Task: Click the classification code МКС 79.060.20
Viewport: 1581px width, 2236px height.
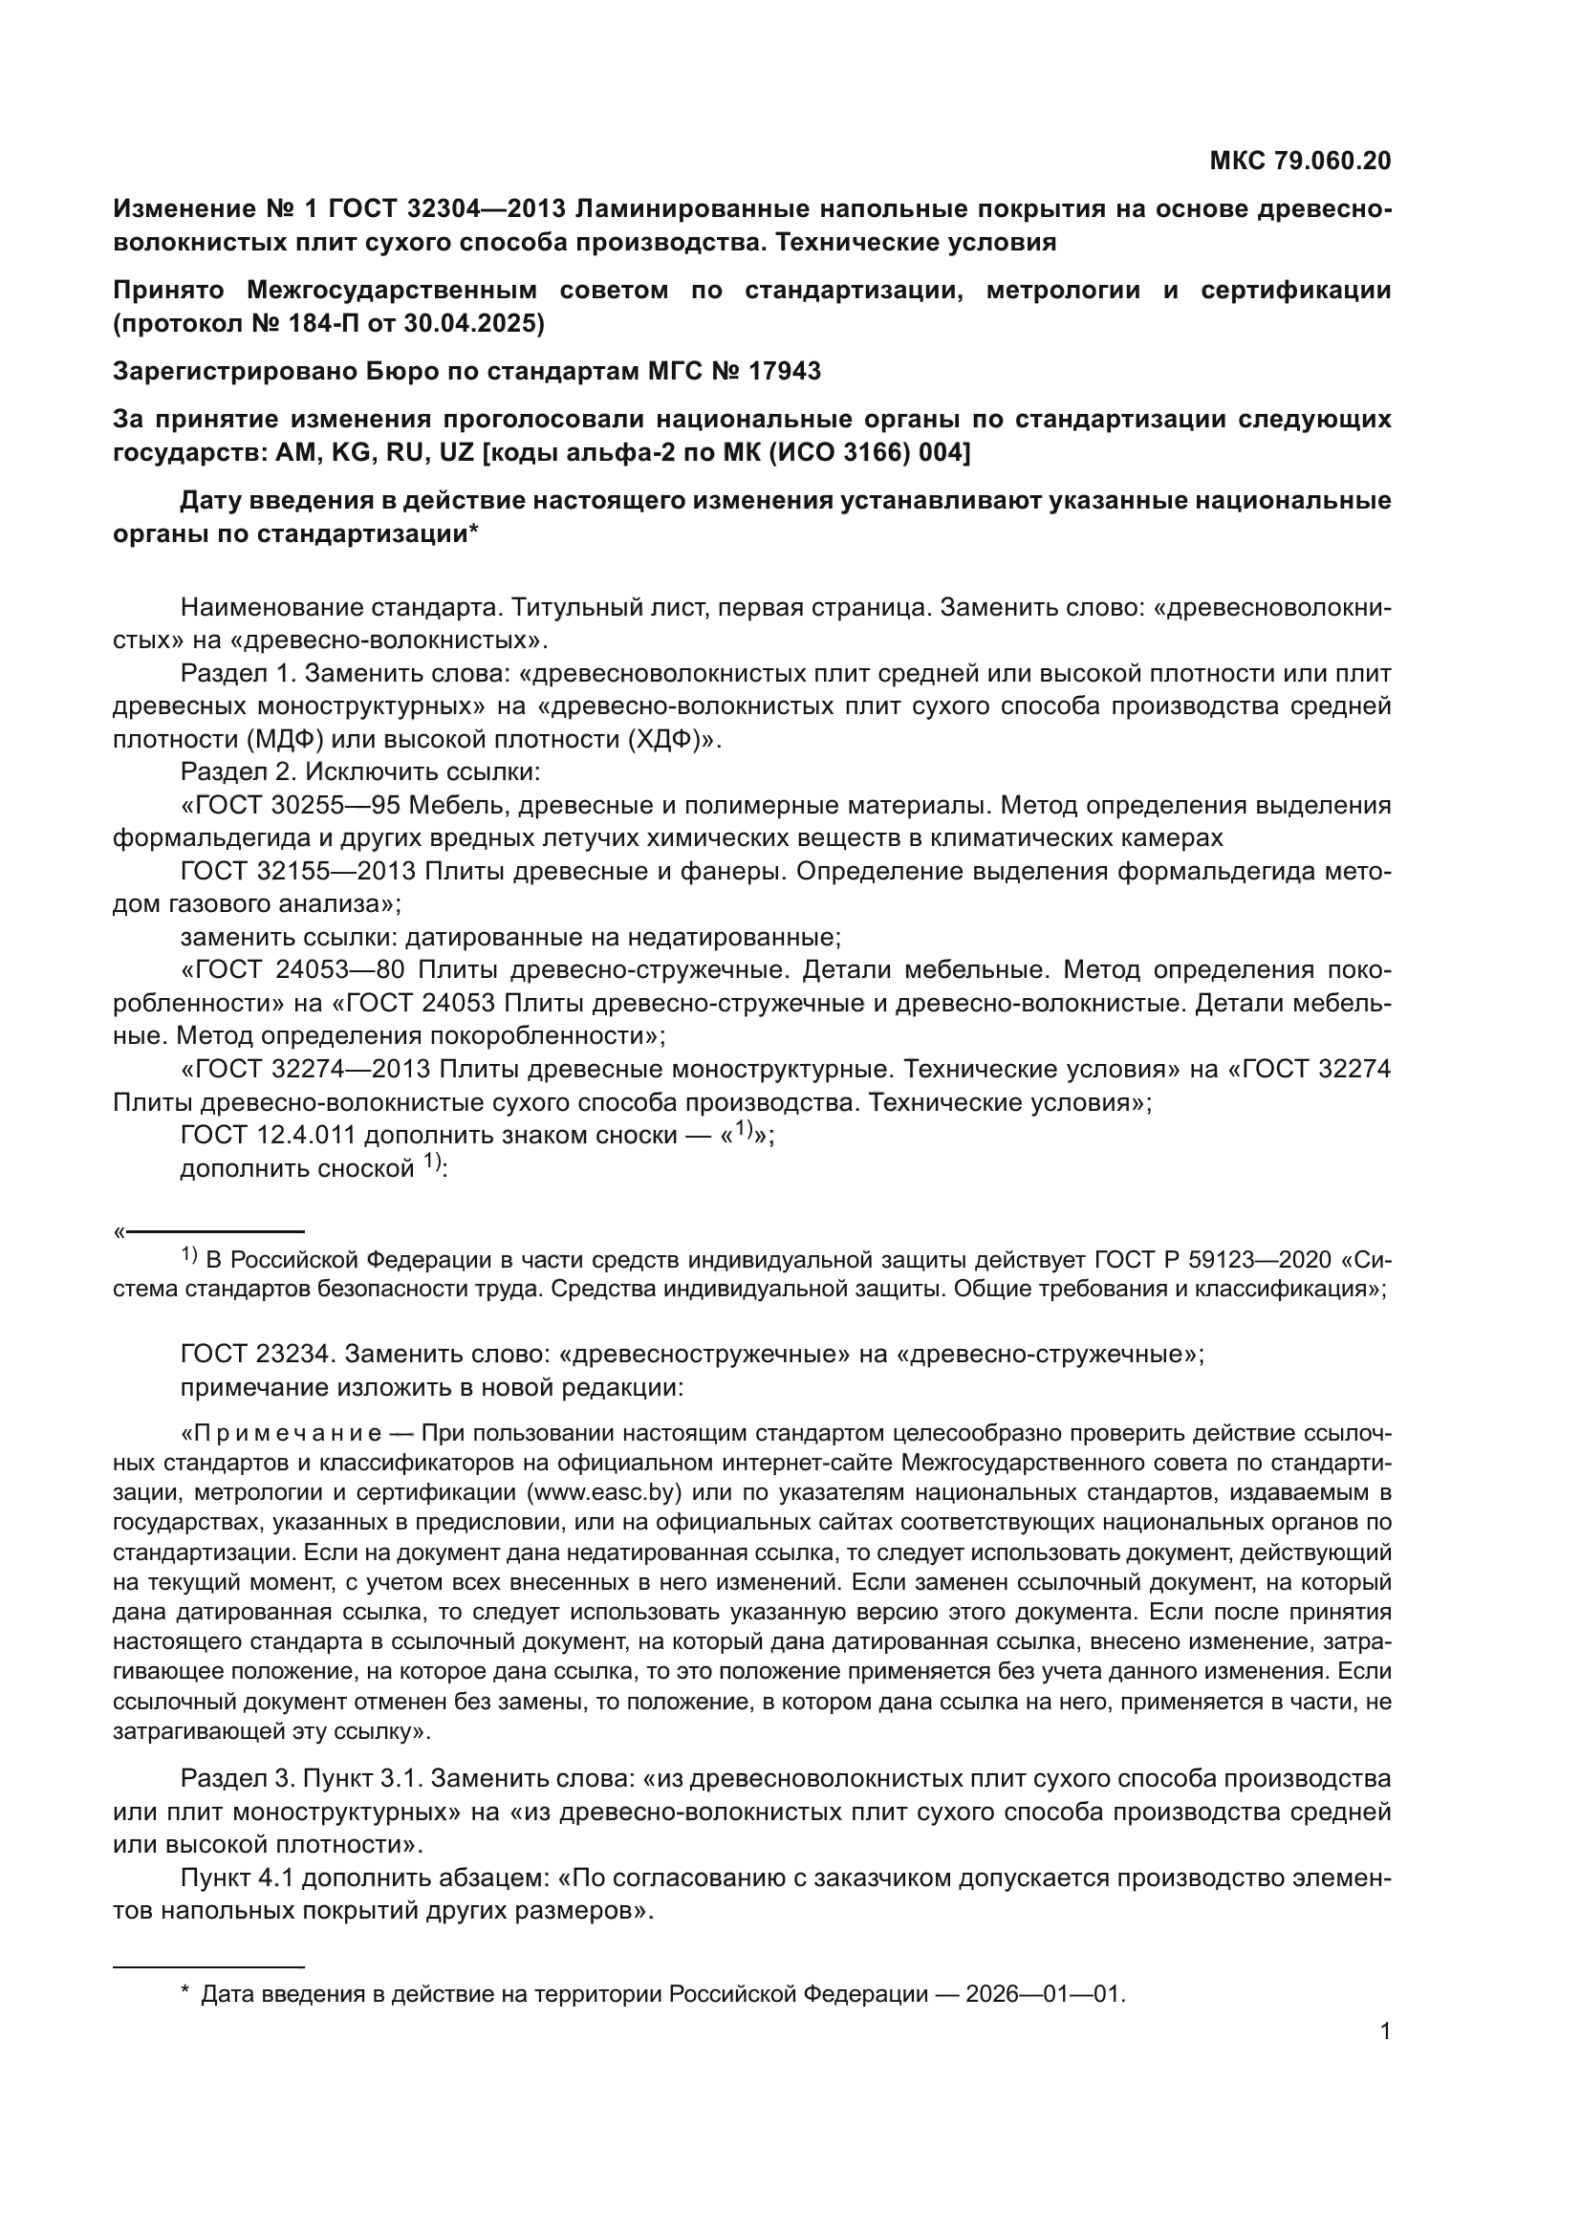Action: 1300,161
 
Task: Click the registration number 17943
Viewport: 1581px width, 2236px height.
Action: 786,371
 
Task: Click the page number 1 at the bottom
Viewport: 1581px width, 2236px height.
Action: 1384,2031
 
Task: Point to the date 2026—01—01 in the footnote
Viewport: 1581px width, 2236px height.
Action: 1044,1993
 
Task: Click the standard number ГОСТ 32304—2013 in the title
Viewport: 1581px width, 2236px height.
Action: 451,209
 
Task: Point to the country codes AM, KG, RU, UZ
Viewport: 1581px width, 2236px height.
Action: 369,453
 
